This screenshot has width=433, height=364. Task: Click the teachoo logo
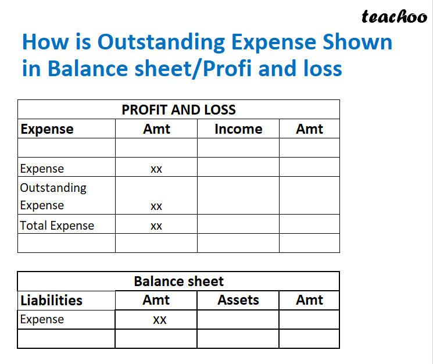tap(394, 17)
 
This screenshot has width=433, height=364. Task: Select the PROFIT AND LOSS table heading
tap(178, 109)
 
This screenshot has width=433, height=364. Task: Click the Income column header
tap(238, 129)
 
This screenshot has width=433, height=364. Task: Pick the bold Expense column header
tap(47, 129)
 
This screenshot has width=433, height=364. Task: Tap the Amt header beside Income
tap(309, 129)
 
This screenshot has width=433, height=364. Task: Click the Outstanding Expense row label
tap(53, 197)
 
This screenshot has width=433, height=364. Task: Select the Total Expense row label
tap(57, 225)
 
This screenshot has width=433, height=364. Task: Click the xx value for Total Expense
tap(156, 226)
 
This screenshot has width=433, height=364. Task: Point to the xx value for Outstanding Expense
tap(156, 206)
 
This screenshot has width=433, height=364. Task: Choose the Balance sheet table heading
tap(178, 281)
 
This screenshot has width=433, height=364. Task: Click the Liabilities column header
tap(51, 300)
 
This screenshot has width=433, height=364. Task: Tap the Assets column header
tap(238, 300)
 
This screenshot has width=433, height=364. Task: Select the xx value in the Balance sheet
tap(160, 320)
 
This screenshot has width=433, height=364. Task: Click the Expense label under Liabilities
tap(42, 319)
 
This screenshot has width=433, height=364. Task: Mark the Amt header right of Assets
tap(309, 300)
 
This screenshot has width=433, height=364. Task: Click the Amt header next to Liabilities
tap(156, 300)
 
